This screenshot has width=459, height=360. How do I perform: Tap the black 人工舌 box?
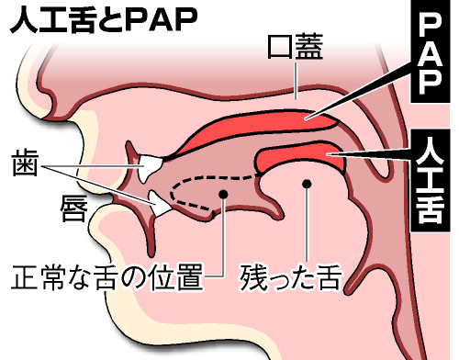(x=431, y=184)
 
